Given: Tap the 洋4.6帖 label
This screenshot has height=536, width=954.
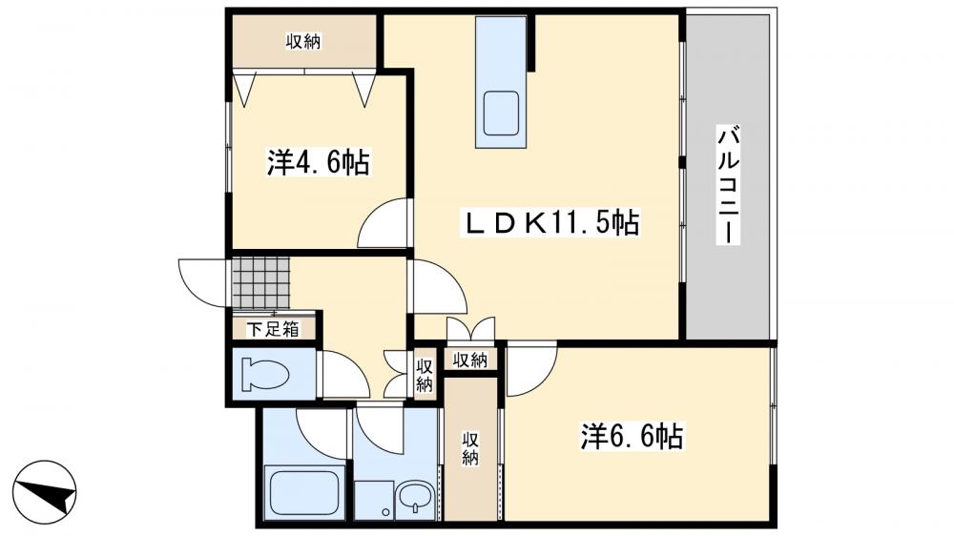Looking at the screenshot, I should point(318,163).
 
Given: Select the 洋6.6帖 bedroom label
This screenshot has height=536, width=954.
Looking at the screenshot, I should point(633,438).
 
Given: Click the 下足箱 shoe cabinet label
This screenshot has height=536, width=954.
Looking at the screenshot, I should point(273,330).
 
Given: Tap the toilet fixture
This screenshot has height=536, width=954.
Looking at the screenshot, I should point(265,375).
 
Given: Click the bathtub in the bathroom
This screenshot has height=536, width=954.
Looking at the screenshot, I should point(304,492).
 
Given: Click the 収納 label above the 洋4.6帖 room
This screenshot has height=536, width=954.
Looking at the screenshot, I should point(303,41).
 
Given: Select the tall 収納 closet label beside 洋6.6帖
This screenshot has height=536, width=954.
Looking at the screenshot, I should point(470,448).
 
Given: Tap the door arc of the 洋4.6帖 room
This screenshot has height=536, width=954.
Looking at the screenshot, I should point(384,225).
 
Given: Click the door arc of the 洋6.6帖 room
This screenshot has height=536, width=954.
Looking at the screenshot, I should point(530,370).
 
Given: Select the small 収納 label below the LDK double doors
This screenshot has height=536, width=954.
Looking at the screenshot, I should point(470,360).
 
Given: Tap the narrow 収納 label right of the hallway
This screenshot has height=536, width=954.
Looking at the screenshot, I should point(424,374).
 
